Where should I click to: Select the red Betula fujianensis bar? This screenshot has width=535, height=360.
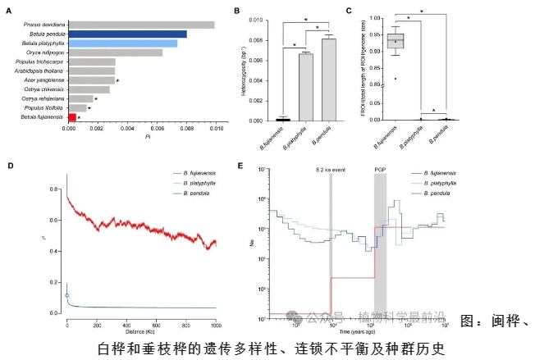(72, 118)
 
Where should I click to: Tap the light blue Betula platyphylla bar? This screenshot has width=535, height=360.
(123, 43)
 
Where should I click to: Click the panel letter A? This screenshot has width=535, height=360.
(8, 10)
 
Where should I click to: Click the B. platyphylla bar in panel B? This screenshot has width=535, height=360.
(305, 86)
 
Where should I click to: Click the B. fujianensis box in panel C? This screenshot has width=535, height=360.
(396, 38)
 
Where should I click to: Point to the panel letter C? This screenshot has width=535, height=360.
(349, 10)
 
